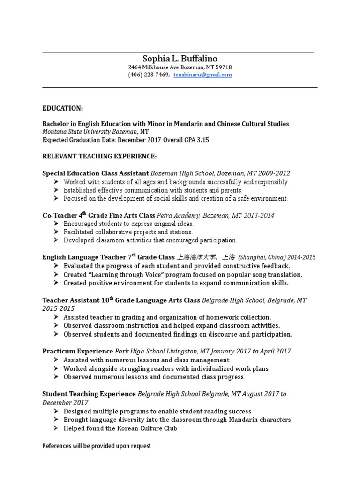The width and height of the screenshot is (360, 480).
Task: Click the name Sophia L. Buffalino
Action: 180,59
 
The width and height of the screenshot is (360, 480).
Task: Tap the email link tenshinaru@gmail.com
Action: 202,75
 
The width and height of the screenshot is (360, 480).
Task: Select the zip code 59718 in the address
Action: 223,67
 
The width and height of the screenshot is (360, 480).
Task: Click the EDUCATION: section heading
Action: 62,108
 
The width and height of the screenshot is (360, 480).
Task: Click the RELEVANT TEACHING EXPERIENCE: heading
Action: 100,156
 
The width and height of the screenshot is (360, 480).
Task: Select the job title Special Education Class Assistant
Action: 95,172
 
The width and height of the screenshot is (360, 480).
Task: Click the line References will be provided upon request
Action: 97,446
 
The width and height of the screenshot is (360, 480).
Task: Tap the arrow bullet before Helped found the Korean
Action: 56,428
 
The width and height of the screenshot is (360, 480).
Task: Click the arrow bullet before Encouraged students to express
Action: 56,224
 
